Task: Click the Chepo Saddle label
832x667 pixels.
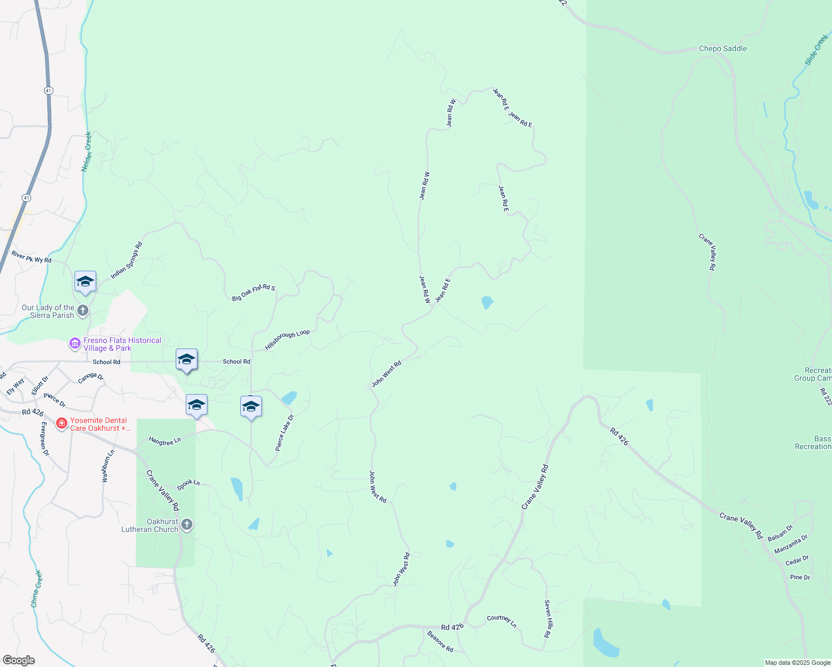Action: (722, 49)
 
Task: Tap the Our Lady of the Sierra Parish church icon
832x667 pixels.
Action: (83, 311)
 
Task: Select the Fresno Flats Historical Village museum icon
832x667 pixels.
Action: (75, 344)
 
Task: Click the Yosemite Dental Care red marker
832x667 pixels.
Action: (61, 424)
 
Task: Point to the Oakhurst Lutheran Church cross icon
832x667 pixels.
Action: (187, 525)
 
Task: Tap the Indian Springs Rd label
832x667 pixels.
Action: (126, 260)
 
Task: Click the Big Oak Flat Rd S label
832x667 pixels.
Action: (254, 293)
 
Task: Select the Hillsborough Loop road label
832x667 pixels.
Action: (287, 340)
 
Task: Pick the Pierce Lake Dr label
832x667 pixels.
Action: (284, 432)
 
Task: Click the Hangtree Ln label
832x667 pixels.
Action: (165, 441)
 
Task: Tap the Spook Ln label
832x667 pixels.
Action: (188, 485)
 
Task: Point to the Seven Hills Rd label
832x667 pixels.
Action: (547, 619)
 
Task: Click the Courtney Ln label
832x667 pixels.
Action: (502, 621)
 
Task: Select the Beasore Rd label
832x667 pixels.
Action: (440, 641)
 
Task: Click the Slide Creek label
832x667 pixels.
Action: (816, 49)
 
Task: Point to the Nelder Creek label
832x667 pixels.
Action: (86, 152)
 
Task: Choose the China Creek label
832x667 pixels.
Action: (36, 589)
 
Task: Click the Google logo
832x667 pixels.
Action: (18, 660)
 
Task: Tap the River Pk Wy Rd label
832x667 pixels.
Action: (32, 257)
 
